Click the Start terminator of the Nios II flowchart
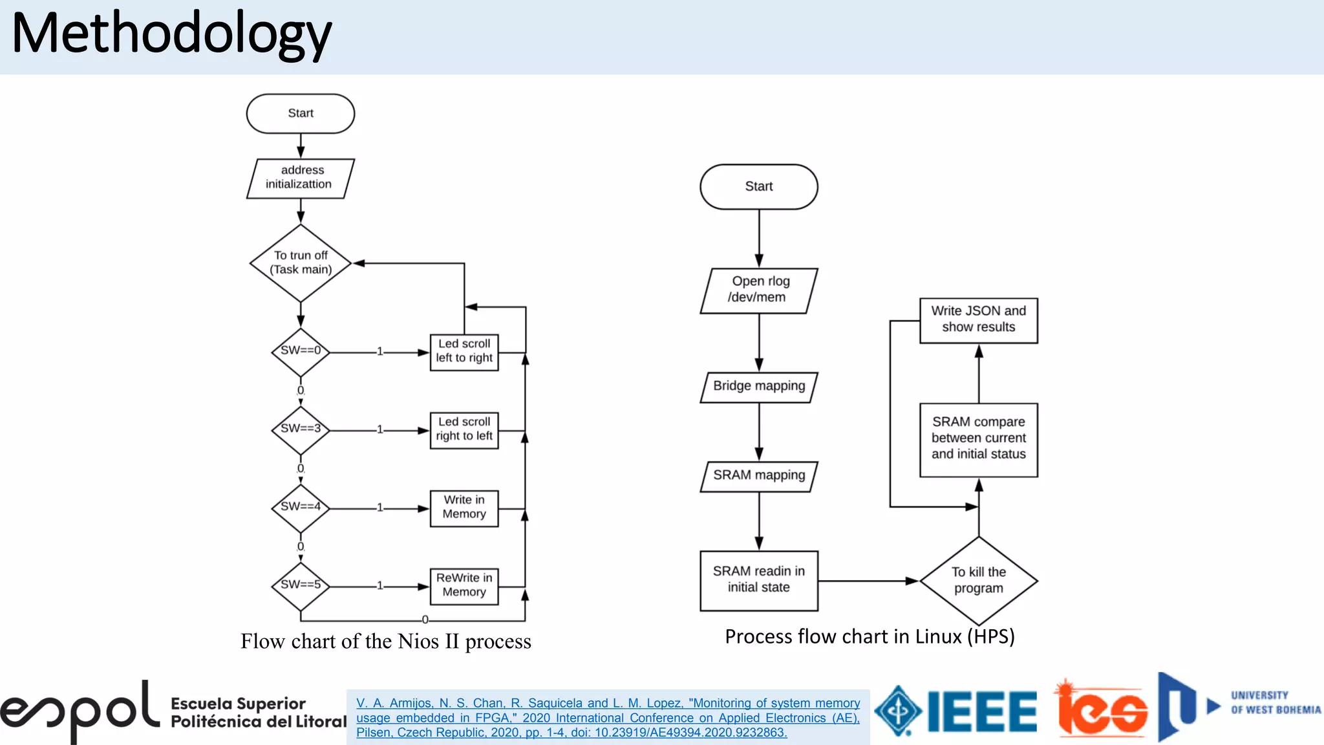pyautogui.click(x=301, y=113)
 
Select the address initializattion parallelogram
pyautogui.click(x=301, y=178)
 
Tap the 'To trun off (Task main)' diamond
pyautogui.click(x=301, y=263)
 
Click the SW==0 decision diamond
pyautogui.click(x=301, y=352)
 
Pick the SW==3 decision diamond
pyautogui.click(x=301, y=429)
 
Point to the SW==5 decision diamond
pyautogui.click(x=301, y=586)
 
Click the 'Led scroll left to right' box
pyautogui.click(x=464, y=352)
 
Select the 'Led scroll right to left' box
pyautogui.click(x=464, y=429)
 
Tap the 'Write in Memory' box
pyautogui.click(x=464, y=508)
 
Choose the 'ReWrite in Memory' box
pyautogui.click(x=464, y=586)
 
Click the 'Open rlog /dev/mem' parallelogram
pyautogui.click(x=759, y=290)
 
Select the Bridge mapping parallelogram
pyautogui.click(x=759, y=387)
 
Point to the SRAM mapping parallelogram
pyautogui.click(x=759, y=476)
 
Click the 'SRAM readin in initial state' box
pyautogui.click(x=759, y=580)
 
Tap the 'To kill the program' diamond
pyautogui.click(x=978, y=581)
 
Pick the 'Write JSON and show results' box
pyautogui.click(x=978, y=320)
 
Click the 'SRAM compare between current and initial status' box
pyautogui.click(x=978, y=439)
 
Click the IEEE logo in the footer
pyautogui.click(x=957, y=711)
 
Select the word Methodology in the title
pyautogui.click(x=171, y=34)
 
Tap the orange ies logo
pyautogui.click(x=1102, y=709)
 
